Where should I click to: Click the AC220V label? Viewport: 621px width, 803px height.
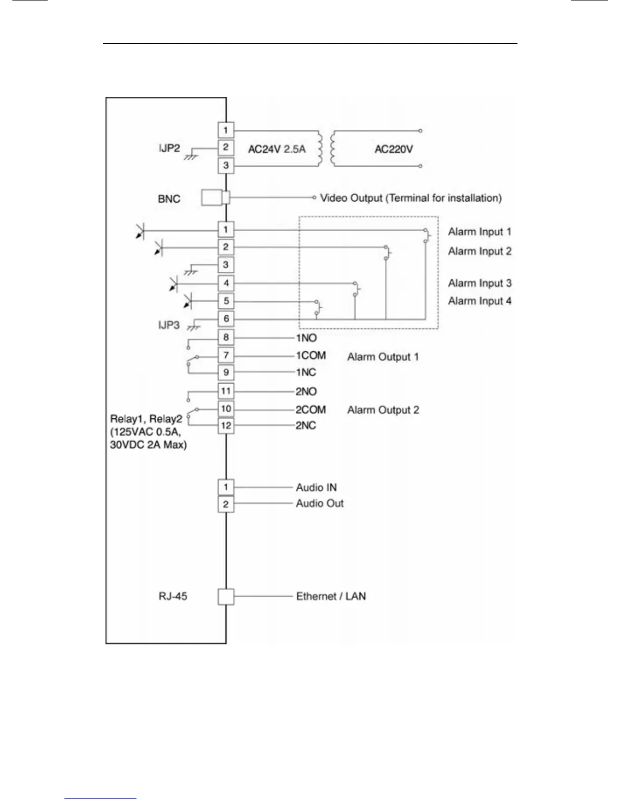tap(393, 149)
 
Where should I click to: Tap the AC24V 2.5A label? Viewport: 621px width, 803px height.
tap(277, 149)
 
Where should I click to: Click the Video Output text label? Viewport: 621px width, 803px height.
tap(410, 198)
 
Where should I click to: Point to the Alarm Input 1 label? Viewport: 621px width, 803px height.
tap(479, 232)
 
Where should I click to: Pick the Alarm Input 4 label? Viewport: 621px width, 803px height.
tap(479, 301)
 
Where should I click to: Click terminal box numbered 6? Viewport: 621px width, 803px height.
tap(226, 319)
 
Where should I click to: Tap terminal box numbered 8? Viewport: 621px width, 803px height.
tap(226, 337)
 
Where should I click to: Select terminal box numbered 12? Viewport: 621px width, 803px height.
tap(226, 425)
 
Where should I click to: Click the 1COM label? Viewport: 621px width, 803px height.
tap(310, 356)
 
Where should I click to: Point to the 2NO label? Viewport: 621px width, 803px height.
tap(306, 391)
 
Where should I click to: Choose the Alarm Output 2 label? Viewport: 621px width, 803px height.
tap(383, 410)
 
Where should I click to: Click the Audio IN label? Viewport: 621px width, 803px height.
tap(316, 487)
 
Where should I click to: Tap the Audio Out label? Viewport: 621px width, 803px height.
tap(320, 503)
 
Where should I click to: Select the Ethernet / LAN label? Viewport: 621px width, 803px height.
tap(331, 596)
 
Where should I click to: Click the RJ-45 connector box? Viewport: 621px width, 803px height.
tap(226, 597)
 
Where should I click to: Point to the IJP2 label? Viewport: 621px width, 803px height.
tap(169, 148)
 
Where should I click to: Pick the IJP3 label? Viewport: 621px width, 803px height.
tap(169, 325)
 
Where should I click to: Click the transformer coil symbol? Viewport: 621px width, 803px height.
tap(326, 149)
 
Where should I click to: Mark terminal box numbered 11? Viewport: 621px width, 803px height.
tap(226, 391)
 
